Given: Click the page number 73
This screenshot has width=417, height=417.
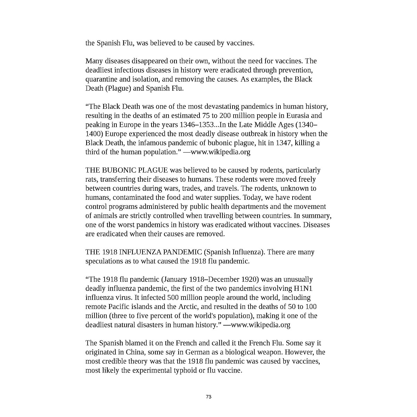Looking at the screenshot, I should pyautogui.click(x=208, y=397).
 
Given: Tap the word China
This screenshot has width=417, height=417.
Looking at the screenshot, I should pyautogui.click(x=140, y=352).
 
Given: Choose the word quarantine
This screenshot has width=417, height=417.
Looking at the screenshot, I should pyautogui.click(x=101, y=79).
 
